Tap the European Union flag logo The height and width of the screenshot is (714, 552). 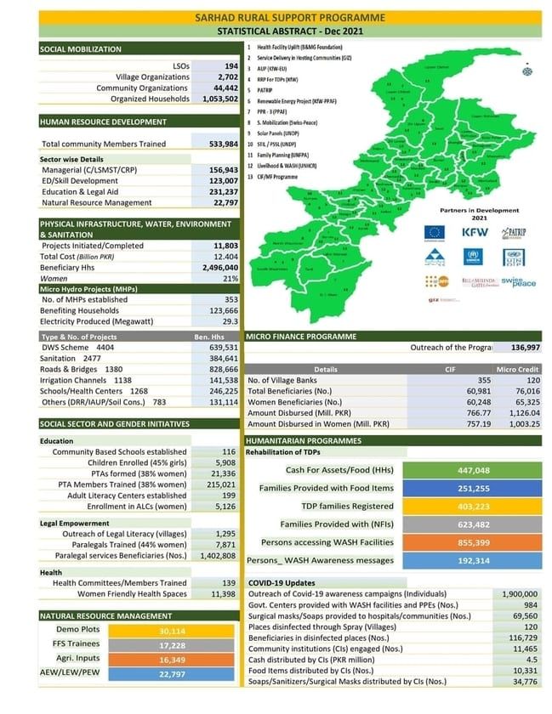coord(435,231)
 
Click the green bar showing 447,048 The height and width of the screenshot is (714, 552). coord(473,469)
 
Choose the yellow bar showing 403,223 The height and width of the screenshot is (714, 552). coord(473,506)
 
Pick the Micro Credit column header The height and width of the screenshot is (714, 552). coord(518,370)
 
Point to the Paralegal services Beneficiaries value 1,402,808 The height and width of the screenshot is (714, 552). coord(218,555)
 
